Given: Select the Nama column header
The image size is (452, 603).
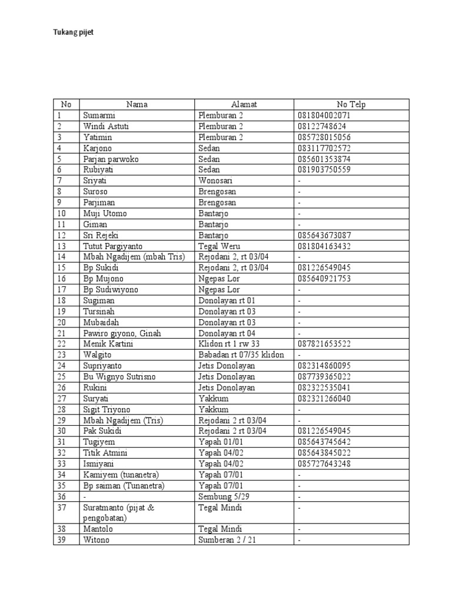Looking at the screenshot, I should (137, 104).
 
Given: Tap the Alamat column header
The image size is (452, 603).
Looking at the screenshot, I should (244, 104).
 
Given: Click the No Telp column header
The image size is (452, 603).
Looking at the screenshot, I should (351, 104).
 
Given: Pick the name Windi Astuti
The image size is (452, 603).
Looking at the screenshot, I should (107, 126).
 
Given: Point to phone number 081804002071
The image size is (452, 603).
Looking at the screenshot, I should (324, 115).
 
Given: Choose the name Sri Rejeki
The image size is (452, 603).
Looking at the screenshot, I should (101, 235).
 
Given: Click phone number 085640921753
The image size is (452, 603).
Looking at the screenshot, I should (324, 279).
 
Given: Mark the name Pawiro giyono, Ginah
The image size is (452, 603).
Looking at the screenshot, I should (122, 333).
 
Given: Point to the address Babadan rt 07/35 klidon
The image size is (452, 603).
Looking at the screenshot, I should (241, 355).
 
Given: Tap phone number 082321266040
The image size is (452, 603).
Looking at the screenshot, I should (324, 399).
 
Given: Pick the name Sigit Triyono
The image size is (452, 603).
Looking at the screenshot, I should (107, 409).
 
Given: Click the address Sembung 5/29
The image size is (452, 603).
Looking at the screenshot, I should (223, 496).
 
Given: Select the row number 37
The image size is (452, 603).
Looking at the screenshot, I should (61, 508).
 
